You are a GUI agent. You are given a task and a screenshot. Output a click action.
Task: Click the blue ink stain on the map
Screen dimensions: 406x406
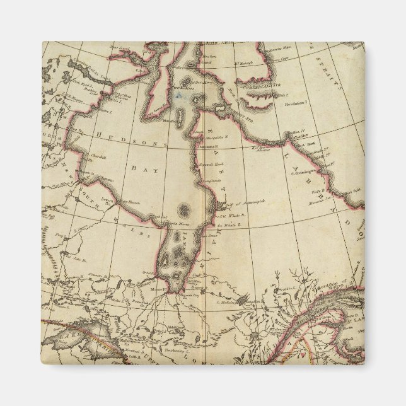[182, 95]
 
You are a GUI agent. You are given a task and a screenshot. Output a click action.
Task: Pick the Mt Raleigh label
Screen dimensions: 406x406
[243, 63]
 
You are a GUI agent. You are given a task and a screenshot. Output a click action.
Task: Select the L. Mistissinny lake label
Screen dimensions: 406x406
[229, 302]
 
